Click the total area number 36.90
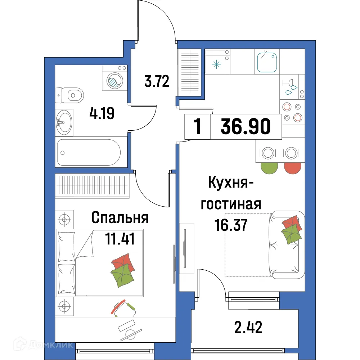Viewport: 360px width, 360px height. point(246,127)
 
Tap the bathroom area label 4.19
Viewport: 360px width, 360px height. point(102,114)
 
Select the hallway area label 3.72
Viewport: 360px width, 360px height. point(157,82)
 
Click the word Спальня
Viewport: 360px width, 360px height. point(120,218)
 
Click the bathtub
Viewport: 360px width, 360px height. point(90,152)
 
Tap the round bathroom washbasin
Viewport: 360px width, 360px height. point(65,122)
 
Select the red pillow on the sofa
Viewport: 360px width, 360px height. point(290,222)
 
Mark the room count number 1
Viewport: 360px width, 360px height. point(197,127)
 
